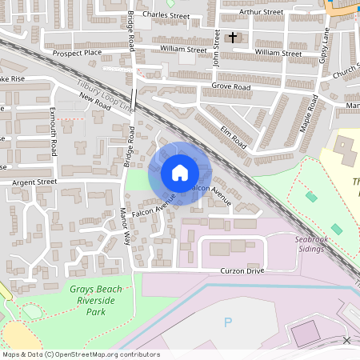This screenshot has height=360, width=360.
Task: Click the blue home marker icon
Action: click(180, 172)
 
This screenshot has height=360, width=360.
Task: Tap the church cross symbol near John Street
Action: click(234, 37)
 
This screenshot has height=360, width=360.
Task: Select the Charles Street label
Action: click(166, 15)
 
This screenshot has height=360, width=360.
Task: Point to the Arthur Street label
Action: click(262, 12)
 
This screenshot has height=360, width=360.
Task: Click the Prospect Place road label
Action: click(78, 53)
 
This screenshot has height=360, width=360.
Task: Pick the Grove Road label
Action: click(231, 86)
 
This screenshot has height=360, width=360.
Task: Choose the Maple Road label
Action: click(309, 116)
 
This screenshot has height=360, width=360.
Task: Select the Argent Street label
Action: click(35, 182)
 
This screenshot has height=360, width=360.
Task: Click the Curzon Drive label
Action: click(242, 271)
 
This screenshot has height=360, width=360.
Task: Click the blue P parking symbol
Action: click(227, 322)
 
